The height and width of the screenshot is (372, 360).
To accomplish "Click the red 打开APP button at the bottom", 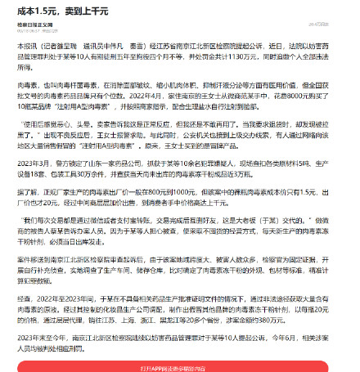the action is click(179, 365).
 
